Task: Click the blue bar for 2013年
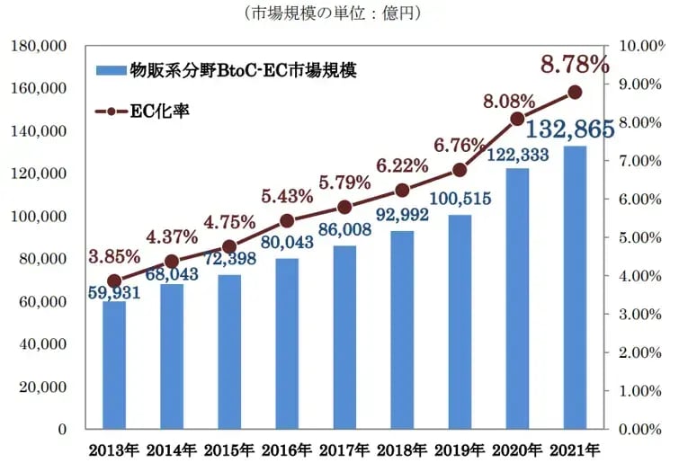click(114, 364)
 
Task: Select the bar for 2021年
click(575, 288)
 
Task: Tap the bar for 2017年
click(344, 337)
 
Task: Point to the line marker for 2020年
click(517, 119)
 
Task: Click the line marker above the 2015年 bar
click(229, 246)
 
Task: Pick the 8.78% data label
click(575, 65)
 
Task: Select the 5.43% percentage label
click(287, 195)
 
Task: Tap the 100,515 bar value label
click(460, 199)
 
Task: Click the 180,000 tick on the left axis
click(39, 46)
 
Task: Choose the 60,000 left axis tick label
click(42, 302)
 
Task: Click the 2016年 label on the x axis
click(287, 449)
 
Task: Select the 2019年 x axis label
click(460, 449)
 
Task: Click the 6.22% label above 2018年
click(402, 165)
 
